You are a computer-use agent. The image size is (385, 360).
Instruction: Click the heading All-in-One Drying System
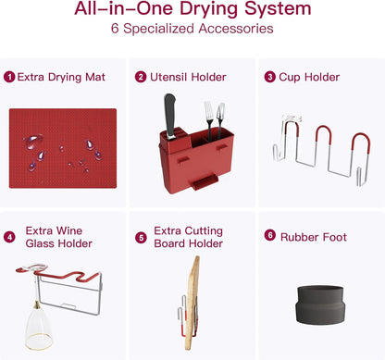pos(192,11)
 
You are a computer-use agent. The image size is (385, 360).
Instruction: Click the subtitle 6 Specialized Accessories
pos(192,29)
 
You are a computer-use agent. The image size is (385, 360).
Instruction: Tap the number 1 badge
pos(9,77)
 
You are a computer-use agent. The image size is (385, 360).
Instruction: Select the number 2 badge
pos(141,77)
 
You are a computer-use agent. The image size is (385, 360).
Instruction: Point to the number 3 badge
pos(270,77)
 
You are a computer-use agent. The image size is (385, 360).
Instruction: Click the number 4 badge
pos(9,237)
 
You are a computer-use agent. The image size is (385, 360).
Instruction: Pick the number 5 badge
pos(141,237)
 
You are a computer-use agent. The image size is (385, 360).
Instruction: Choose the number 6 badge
pos(270,237)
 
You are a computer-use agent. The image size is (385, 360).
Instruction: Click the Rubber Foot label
pos(316,237)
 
